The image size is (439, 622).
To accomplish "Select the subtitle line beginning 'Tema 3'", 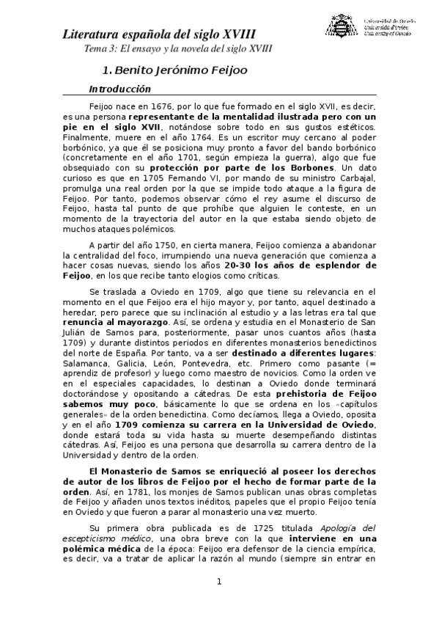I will click(x=178, y=48).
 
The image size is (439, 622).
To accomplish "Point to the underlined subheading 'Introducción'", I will click(x=119, y=89).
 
